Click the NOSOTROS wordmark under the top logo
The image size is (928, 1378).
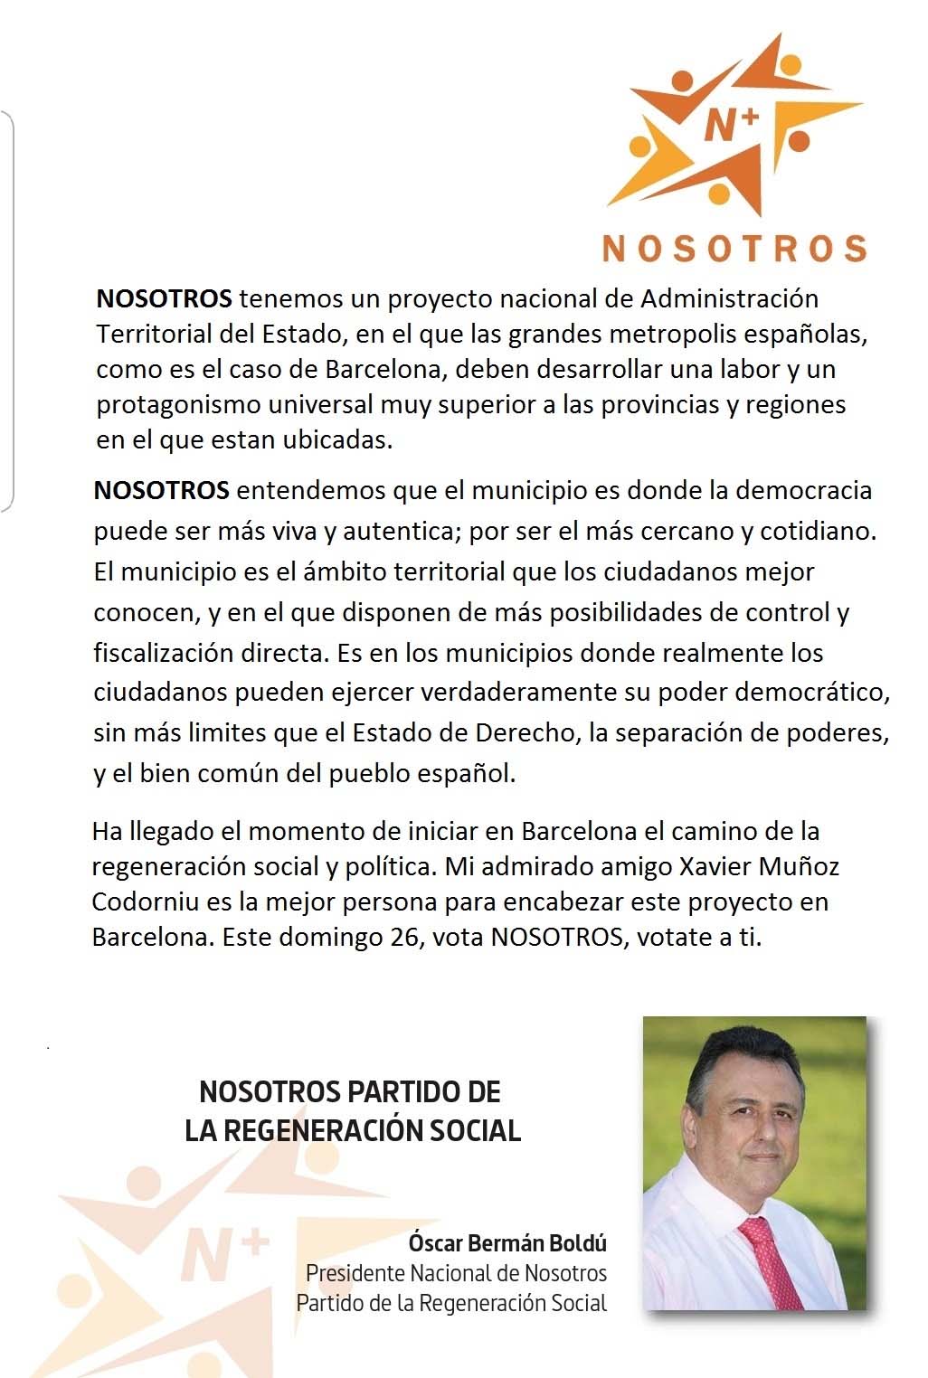tap(734, 248)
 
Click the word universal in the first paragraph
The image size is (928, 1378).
tap(310, 404)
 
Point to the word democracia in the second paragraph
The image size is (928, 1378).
tap(803, 490)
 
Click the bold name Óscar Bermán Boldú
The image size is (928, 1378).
tap(507, 1243)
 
